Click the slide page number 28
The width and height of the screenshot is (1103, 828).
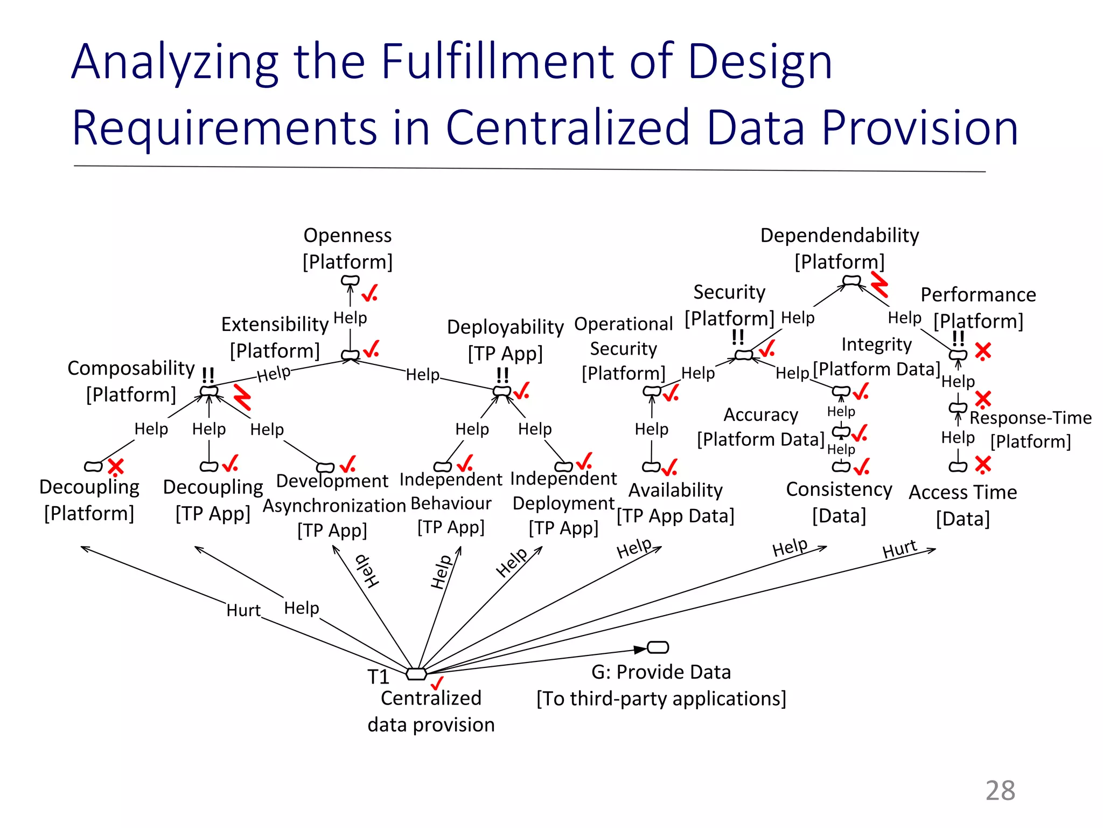(x=1000, y=790)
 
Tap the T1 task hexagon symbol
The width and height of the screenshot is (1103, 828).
(x=416, y=674)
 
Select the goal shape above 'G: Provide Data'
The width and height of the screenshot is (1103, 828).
(x=658, y=647)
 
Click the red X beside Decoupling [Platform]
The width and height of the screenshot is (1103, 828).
(x=116, y=466)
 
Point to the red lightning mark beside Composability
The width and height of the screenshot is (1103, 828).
(x=242, y=397)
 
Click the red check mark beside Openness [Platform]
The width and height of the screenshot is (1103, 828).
(x=369, y=293)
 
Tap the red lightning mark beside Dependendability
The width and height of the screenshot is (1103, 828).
(x=879, y=284)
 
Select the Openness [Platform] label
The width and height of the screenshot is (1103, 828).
(x=347, y=249)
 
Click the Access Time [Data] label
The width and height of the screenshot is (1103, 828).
(x=963, y=505)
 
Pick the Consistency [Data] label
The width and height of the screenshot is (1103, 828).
(x=839, y=502)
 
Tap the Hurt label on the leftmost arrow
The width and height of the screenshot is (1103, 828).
(x=243, y=610)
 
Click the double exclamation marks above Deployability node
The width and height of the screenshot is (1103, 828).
(x=502, y=375)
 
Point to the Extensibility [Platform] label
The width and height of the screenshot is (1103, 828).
(x=275, y=337)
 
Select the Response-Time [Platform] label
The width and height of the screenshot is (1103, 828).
(x=1030, y=429)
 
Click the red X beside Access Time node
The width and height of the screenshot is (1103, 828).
(x=983, y=464)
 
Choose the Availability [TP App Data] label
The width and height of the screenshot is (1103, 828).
(x=675, y=503)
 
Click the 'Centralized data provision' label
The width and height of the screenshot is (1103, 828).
(x=431, y=711)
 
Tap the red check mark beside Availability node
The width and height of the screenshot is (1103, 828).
(x=669, y=467)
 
